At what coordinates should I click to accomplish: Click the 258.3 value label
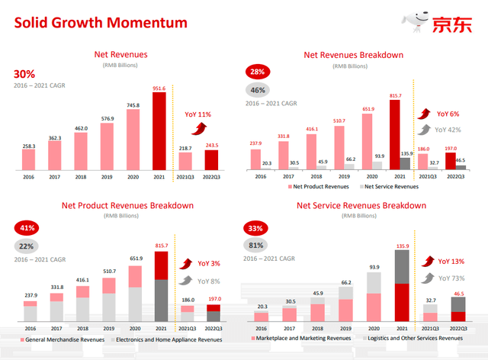pyautogui.click(x=28, y=145)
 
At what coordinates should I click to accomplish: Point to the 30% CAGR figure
pyautogui.click(x=25, y=74)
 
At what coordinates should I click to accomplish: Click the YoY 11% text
pyautogui.click(x=197, y=114)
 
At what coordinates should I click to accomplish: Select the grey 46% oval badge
pyautogui.click(x=259, y=89)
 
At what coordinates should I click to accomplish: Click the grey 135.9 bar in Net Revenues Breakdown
pyautogui.click(x=405, y=162)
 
